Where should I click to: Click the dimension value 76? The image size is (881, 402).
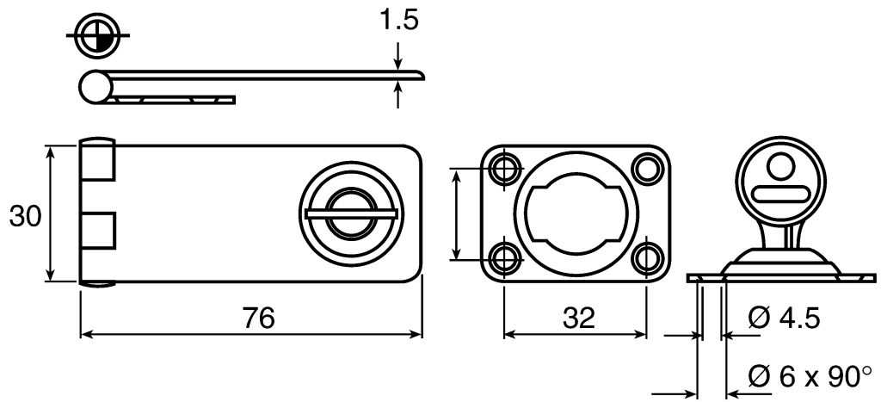(x=259, y=319)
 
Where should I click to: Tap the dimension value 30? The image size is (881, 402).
(x=25, y=216)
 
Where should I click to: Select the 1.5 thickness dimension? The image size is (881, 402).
(x=399, y=21)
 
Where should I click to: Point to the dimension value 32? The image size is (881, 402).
(x=579, y=319)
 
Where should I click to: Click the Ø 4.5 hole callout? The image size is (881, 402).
(x=784, y=319)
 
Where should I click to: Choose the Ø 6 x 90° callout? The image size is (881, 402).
(x=810, y=376)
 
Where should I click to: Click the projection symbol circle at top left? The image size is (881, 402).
(x=98, y=34)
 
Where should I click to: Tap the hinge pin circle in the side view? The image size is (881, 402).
(x=96, y=87)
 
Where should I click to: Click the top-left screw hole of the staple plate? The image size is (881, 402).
(x=504, y=168)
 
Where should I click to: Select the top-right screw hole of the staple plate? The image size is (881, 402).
(x=646, y=168)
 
